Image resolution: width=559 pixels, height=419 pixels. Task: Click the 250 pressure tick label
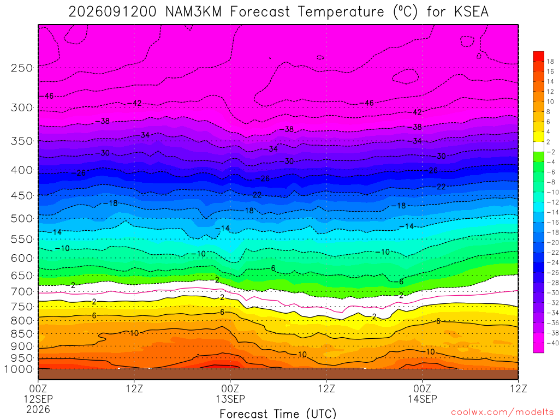tap(22, 68)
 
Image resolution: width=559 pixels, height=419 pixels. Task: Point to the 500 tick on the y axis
tap(22, 218)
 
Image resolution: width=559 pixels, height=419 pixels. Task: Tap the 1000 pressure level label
tap(19, 369)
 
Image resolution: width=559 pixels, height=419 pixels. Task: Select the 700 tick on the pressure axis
tap(22, 292)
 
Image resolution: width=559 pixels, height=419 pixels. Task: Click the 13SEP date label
tap(230, 399)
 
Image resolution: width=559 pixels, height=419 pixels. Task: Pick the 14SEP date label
tap(423, 399)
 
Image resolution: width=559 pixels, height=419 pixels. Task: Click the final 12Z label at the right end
tap(519, 388)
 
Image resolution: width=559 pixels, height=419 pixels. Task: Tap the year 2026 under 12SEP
tap(38, 409)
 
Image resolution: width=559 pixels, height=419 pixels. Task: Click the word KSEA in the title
tap(471, 12)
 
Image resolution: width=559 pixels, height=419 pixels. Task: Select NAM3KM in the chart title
tap(194, 12)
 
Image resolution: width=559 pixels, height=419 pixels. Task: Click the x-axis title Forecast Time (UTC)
tap(278, 414)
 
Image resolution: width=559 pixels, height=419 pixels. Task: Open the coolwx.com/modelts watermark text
tap(502, 412)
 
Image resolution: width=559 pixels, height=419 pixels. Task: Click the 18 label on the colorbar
tap(550, 61)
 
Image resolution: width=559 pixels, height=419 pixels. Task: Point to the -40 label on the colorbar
tap(552, 343)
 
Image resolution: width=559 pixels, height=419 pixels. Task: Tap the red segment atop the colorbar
tap(539, 56)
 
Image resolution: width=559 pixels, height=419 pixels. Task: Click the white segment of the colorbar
tap(539, 147)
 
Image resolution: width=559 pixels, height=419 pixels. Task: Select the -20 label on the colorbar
tap(552, 243)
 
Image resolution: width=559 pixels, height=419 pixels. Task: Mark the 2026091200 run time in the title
tap(112, 12)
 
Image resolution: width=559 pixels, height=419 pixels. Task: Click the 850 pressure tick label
tap(22, 334)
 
